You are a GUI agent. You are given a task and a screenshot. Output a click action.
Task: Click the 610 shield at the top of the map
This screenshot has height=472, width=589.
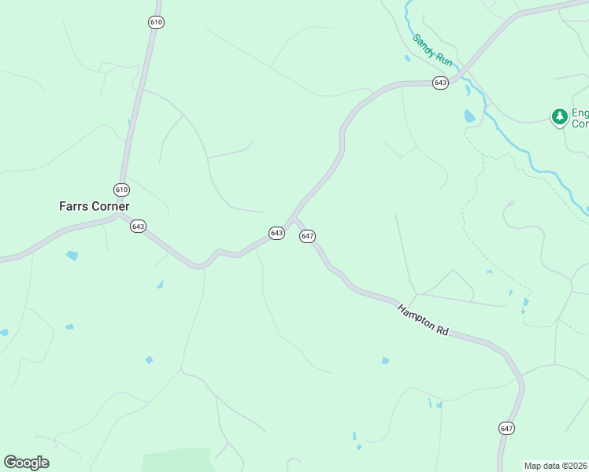coord(156,22)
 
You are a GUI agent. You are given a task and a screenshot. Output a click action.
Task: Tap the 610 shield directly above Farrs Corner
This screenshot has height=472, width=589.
coord(121,190)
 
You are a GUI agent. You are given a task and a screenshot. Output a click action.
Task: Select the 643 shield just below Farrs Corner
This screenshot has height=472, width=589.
coord(139,226)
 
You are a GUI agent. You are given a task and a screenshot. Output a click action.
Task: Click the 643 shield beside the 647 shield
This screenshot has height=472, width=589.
coord(276,234)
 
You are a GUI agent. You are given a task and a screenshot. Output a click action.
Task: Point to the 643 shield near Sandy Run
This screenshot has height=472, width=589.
coord(440,83)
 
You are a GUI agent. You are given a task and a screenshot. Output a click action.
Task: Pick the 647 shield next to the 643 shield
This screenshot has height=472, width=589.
coord(307,236)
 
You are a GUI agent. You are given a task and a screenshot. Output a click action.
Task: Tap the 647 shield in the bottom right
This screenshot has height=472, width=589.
coord(506,428)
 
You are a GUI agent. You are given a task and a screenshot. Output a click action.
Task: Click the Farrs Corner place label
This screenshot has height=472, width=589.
coord(94,206)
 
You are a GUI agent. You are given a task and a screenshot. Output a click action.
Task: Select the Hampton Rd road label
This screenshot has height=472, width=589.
coord(423,320)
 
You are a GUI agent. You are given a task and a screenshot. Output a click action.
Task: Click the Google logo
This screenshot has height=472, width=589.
coord(26,463)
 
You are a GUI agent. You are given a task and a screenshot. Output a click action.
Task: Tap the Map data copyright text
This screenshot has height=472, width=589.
coord(556,465)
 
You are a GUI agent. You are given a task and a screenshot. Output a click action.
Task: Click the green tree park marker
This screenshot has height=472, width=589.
coord(560,116)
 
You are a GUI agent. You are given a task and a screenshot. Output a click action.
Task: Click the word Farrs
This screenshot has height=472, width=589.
coord(73,206)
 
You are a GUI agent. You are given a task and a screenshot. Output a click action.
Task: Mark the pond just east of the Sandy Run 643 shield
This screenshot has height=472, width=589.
coord(470,116)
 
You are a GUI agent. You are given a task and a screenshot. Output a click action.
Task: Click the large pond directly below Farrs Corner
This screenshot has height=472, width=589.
coord(72,256)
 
